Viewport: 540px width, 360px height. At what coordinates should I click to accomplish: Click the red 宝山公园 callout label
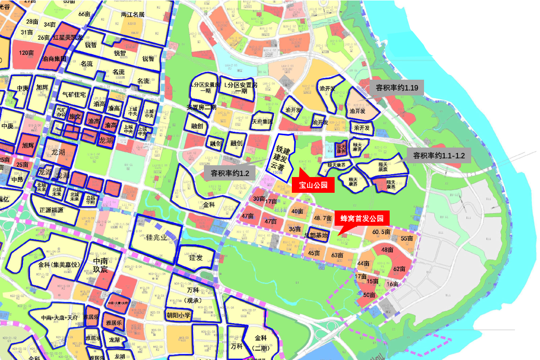point(313,185)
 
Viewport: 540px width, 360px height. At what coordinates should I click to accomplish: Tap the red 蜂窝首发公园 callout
point(362,218)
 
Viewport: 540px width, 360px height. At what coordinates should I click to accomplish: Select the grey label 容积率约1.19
point(397,88)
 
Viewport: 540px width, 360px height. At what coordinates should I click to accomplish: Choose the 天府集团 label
point(262,121)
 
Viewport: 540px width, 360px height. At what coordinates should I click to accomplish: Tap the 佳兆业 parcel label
point(157,238)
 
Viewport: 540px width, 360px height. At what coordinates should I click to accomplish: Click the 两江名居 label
point(133,14)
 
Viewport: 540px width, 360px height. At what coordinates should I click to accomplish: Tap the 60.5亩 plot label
point(381,232)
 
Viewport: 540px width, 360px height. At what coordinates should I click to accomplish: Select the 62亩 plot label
point(398,269)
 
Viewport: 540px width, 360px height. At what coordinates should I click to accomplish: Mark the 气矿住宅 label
point(74,94)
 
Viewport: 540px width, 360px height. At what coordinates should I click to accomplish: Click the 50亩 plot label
point(369,295)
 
